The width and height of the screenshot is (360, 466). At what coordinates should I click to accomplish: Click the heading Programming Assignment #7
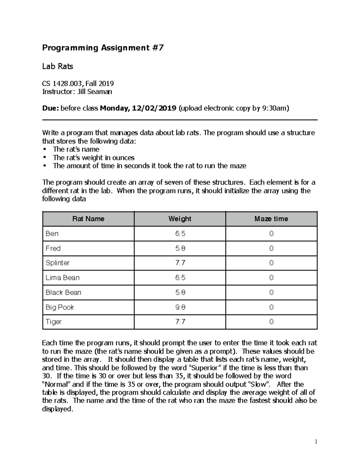click(103, 48)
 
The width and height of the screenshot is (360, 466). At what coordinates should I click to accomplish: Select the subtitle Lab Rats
click(58, 66)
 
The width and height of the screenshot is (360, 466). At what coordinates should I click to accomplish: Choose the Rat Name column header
click(88, 219)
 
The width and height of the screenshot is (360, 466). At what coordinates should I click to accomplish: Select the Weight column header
click(180, 219)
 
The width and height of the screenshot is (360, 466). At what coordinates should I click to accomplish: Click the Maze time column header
click(271, 219)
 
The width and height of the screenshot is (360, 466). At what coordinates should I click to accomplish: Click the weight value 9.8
click(180, 307)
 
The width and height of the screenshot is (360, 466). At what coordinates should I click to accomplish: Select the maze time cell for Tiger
click(271, 322)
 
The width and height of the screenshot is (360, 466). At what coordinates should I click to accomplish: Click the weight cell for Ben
click(180, 234)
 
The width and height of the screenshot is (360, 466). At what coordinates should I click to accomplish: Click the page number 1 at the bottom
click(316, 441)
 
